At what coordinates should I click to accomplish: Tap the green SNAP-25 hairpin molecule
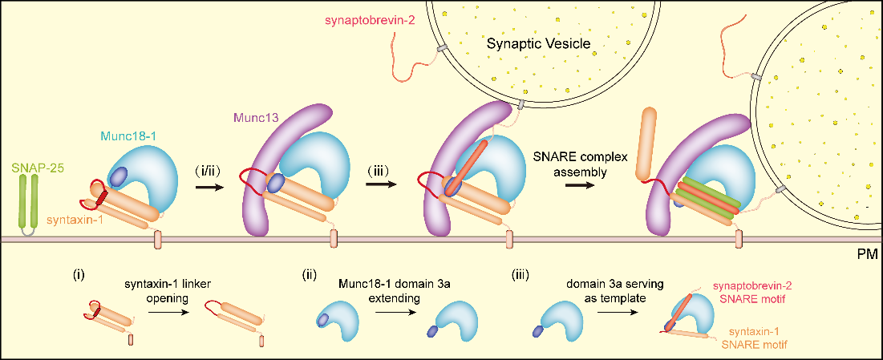pyautogui.click(x=28, y=205)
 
